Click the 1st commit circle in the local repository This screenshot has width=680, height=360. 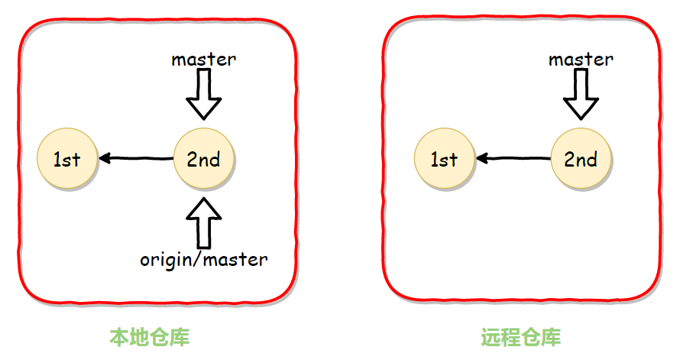click(67, 159)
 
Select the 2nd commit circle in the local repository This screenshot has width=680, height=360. click(203, 159)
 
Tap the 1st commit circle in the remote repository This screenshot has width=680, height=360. click(444, 159)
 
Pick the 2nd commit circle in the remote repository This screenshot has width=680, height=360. click(581, 159)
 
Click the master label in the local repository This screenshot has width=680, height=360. click(203, 59)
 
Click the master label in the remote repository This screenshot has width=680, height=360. click(581, 59)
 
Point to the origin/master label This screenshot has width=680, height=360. click(204, 259)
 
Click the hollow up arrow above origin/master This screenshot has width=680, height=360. click(203, 222)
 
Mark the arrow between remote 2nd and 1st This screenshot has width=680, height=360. click(513, 159)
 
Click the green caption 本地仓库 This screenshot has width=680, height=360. click(149, 337)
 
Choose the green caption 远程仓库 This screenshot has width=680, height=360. click(521, 337)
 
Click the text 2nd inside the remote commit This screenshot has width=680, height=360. click(581, 160)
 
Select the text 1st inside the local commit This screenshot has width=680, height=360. click(67, 160)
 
